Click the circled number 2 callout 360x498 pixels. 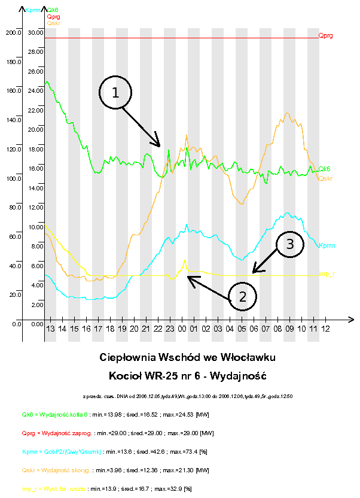pyautogui.click(x=242, y=296)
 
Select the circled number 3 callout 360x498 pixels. pyautogui.click(x=289, y=244)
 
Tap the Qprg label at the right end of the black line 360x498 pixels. pyautogui.click(x=326, y=36)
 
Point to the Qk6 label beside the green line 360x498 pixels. pyautogui.click(x=325, y=169)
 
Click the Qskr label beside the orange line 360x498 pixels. pyautogui.click(x=326, y=178)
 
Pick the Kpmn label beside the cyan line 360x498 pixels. pyautogui.click(x=327, y=245)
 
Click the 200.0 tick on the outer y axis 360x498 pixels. pyautogui.click(x=13, y=32)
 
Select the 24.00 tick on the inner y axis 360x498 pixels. pyautogui.click(x=36, y=90)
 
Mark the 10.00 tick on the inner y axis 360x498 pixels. pyautogui.click(x=36, y=227)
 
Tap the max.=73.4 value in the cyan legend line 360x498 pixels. pyautogui.click(x=163, y=451)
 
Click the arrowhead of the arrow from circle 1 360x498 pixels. pyautogui.click(x=160, y=145)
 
